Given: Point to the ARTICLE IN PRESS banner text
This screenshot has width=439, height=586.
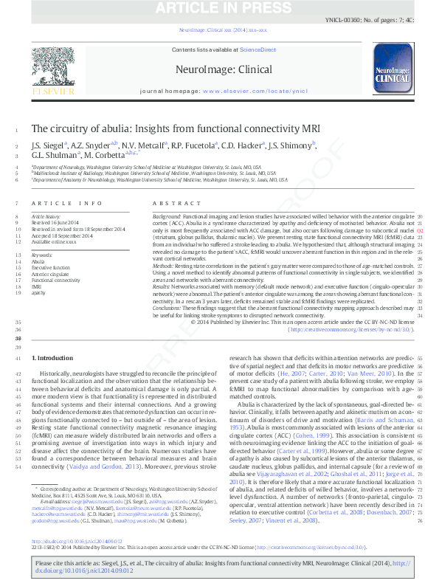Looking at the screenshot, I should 219,8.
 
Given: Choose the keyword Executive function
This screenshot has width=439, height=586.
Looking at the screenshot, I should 51,268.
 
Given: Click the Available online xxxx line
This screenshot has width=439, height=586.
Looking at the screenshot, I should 54,242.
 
